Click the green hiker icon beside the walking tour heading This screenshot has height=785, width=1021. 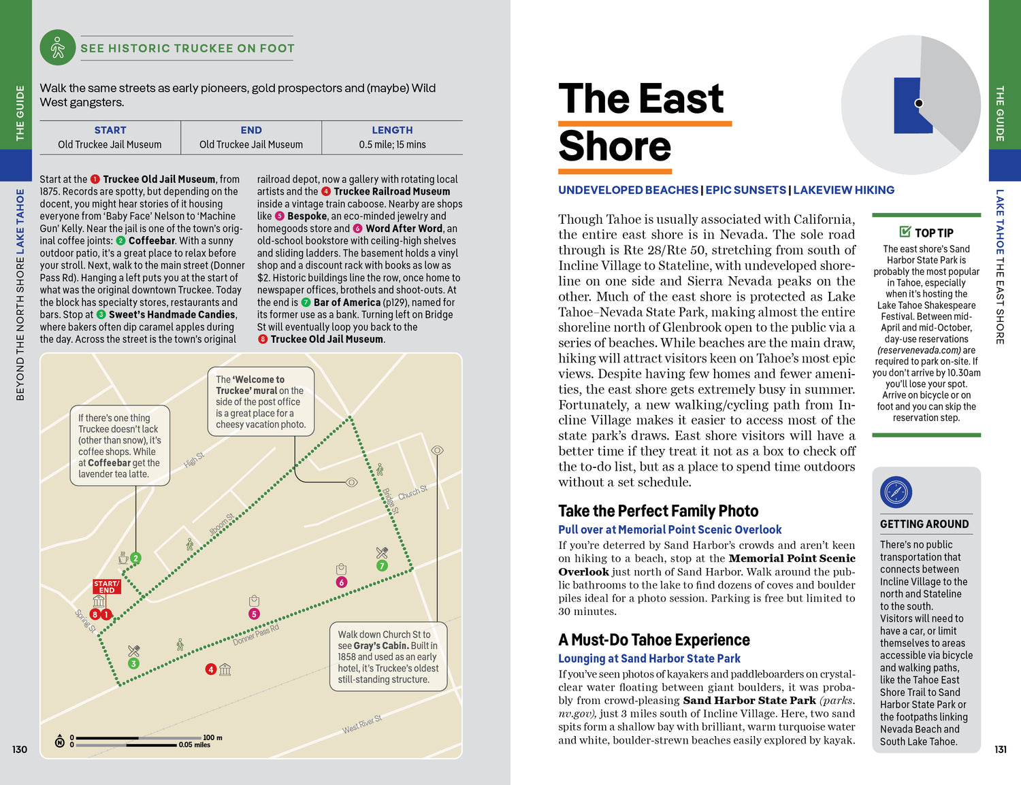[58, 48]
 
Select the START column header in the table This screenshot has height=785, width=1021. [110, 130]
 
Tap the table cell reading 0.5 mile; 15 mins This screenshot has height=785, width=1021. [392, 144]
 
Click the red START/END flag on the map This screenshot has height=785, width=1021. [106, 586]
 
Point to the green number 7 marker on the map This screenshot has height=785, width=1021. [382, 565]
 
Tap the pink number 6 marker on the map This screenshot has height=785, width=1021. [342, 582]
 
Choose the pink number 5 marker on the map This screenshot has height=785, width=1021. [254, 614]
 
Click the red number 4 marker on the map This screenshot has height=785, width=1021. [211, 669]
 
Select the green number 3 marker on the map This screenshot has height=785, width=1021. [133, 663]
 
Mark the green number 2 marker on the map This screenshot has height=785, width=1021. [135, 558]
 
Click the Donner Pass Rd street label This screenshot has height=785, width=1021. [256, 635]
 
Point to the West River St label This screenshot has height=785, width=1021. [361, 724]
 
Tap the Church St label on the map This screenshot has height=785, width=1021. [412, 492]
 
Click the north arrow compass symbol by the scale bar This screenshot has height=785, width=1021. [60, 741]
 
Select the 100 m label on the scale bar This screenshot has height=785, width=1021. [212, 737]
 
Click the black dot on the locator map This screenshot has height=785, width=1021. [919, 103]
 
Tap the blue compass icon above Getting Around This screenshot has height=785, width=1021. [896, 492]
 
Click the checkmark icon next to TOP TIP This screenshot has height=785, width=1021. [905, 232]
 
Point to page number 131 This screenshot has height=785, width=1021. [1000, 749]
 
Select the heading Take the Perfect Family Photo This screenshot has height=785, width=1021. [658, 511]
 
